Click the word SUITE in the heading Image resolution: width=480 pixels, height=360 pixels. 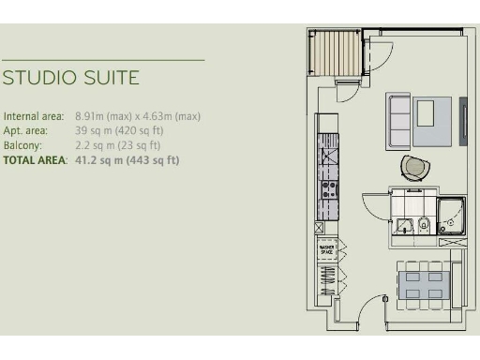pos(109,77)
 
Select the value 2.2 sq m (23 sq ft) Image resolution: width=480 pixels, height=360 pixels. pos(117,145)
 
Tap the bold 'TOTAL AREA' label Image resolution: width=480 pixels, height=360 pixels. pos(35,160)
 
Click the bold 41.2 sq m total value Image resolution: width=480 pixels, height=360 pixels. pos(127,160)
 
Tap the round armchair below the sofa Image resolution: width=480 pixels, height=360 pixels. pos(415,168)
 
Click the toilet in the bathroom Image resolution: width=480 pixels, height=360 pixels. pos(424,223)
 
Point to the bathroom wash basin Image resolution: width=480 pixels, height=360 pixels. pos(403,224)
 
